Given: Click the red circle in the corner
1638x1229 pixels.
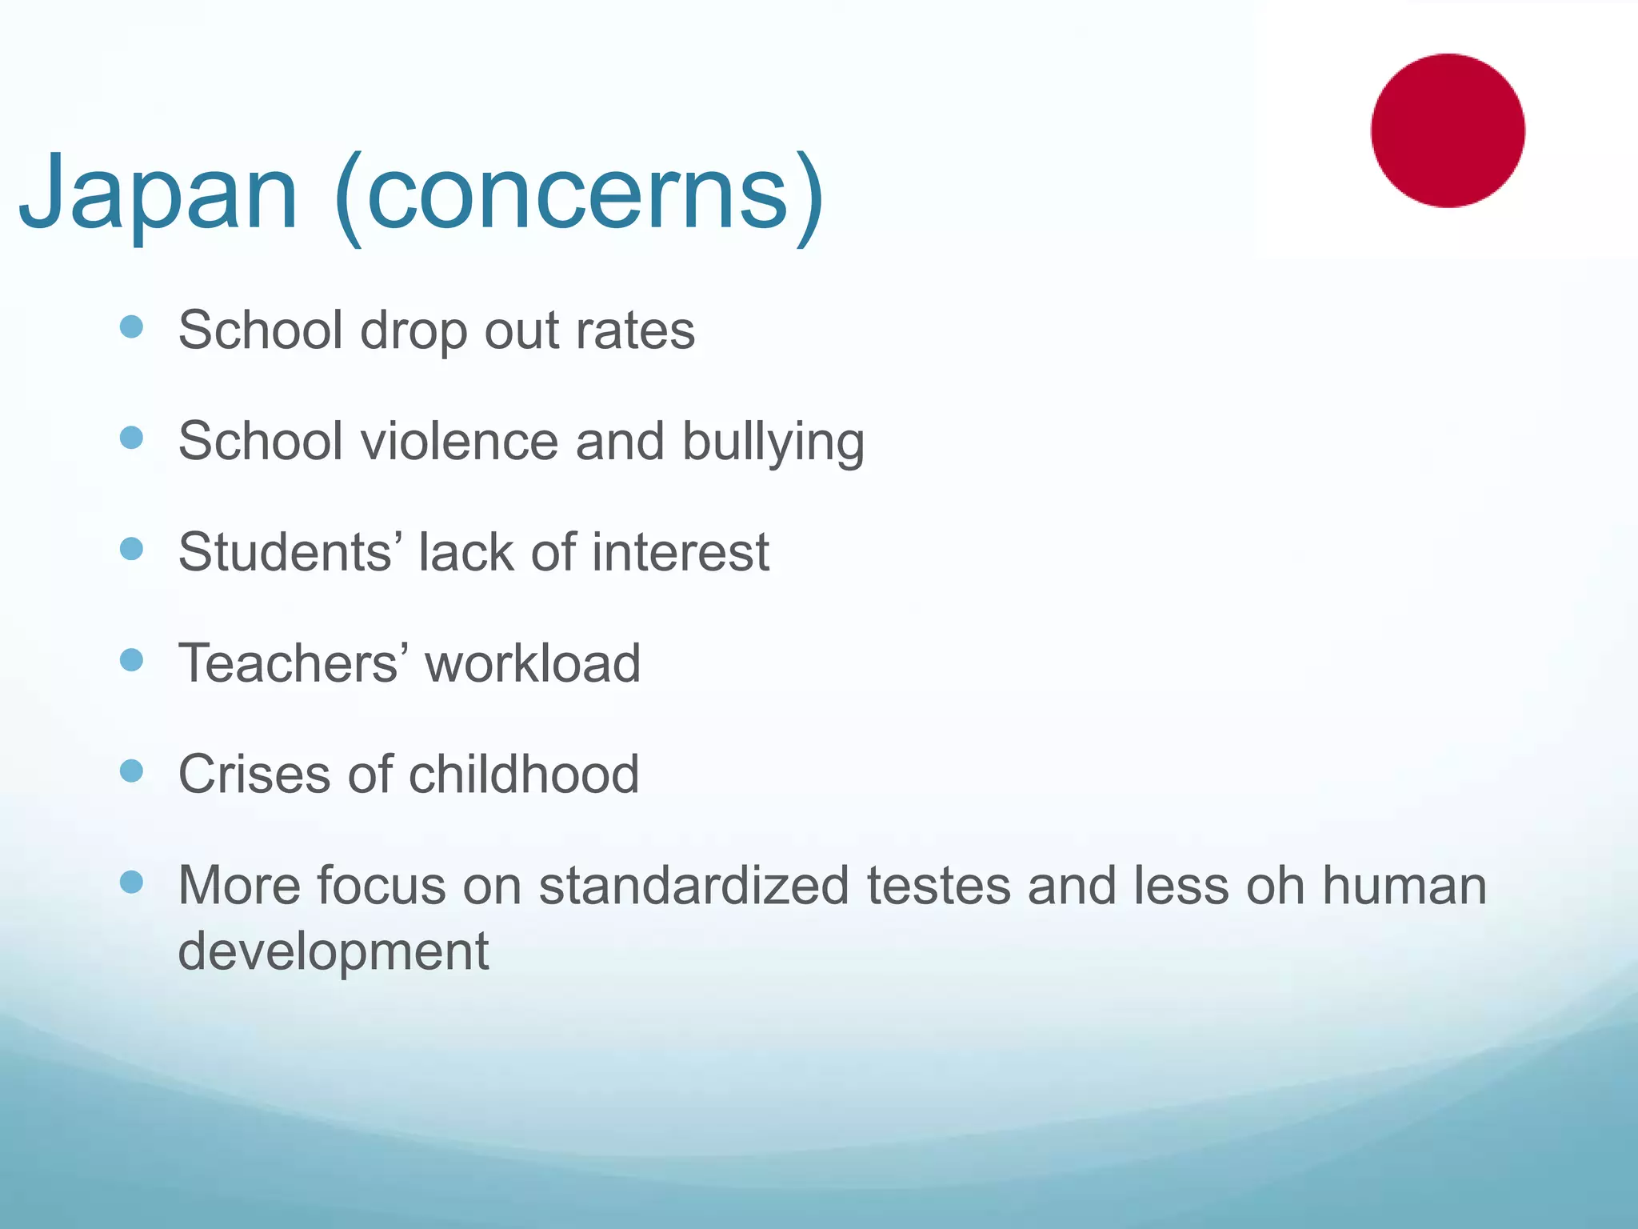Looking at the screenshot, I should coord(1448,130).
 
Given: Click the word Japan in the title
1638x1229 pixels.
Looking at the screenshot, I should coord(158,194).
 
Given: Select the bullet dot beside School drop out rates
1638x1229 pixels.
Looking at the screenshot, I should coord(131,326).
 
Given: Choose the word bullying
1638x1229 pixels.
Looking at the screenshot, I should coord(773,442).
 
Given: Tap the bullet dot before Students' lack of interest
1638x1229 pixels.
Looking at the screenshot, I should coord(131,549).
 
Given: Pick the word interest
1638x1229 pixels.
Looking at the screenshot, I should coord(681,552).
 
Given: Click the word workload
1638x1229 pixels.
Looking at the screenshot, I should coord(533,663).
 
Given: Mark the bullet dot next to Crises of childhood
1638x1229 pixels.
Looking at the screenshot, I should coord(131,771).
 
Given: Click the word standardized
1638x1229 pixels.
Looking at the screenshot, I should coord(693,886).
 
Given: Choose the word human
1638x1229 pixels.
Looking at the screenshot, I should coord(1404,886).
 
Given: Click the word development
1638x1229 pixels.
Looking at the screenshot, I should coord(334,951).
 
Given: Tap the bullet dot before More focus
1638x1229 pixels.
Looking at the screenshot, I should coord(131,882).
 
